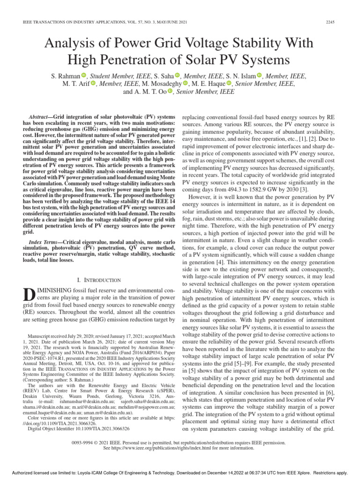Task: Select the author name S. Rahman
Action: tap(64, 75)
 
